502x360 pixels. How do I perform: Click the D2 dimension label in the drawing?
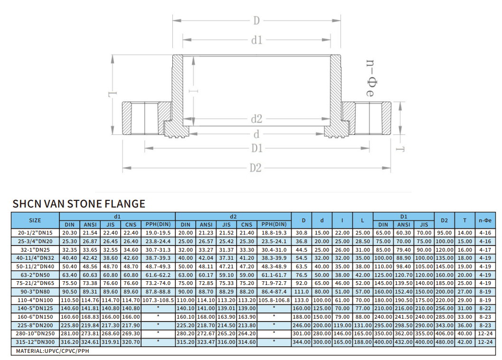click(x=256, y=168)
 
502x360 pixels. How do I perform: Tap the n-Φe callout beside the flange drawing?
click(x=371, y=78)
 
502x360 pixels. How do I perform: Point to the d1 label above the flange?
click(x=257, y=40)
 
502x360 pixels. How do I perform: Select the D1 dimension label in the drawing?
click(x=257, y=148)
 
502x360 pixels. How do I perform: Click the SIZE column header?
click(x=35, y=220)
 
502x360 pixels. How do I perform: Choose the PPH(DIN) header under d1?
click(x=158, y=225)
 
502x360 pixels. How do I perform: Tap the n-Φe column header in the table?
click(x=485, y=220)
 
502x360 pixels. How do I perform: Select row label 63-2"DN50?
click(x=35, y=275)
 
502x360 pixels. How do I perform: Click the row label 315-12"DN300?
click(x=35, y=342)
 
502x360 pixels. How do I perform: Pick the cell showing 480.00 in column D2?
click(x=445, y=342)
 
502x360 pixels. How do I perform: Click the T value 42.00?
click(x=464, y=342)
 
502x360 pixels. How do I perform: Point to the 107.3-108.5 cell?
click(x=158, y=300)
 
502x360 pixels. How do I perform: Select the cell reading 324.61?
click(x=90, y=342)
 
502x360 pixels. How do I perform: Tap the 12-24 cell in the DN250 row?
click(x=485, y=333)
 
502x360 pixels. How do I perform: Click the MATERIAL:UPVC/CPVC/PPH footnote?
click(x=53, y=351)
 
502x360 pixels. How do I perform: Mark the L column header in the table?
click(x=362, y=220)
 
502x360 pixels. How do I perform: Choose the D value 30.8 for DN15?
click(x=302, y=233)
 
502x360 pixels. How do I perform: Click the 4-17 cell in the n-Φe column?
click(x=485, y=250)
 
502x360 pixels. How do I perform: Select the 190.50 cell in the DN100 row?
click(x=404, y=300)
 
